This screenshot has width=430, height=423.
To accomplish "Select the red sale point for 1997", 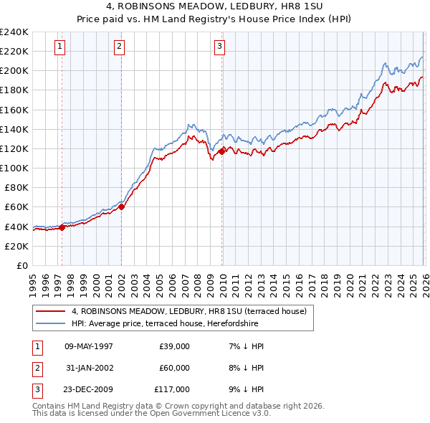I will pos(62,227).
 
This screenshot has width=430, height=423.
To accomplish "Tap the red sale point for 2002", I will pos(122,206).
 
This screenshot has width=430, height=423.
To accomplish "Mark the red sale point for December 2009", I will pos(222,151).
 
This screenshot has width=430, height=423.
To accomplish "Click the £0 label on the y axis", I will pos(21,265).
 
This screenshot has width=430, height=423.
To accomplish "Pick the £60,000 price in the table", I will pos(174,368).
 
